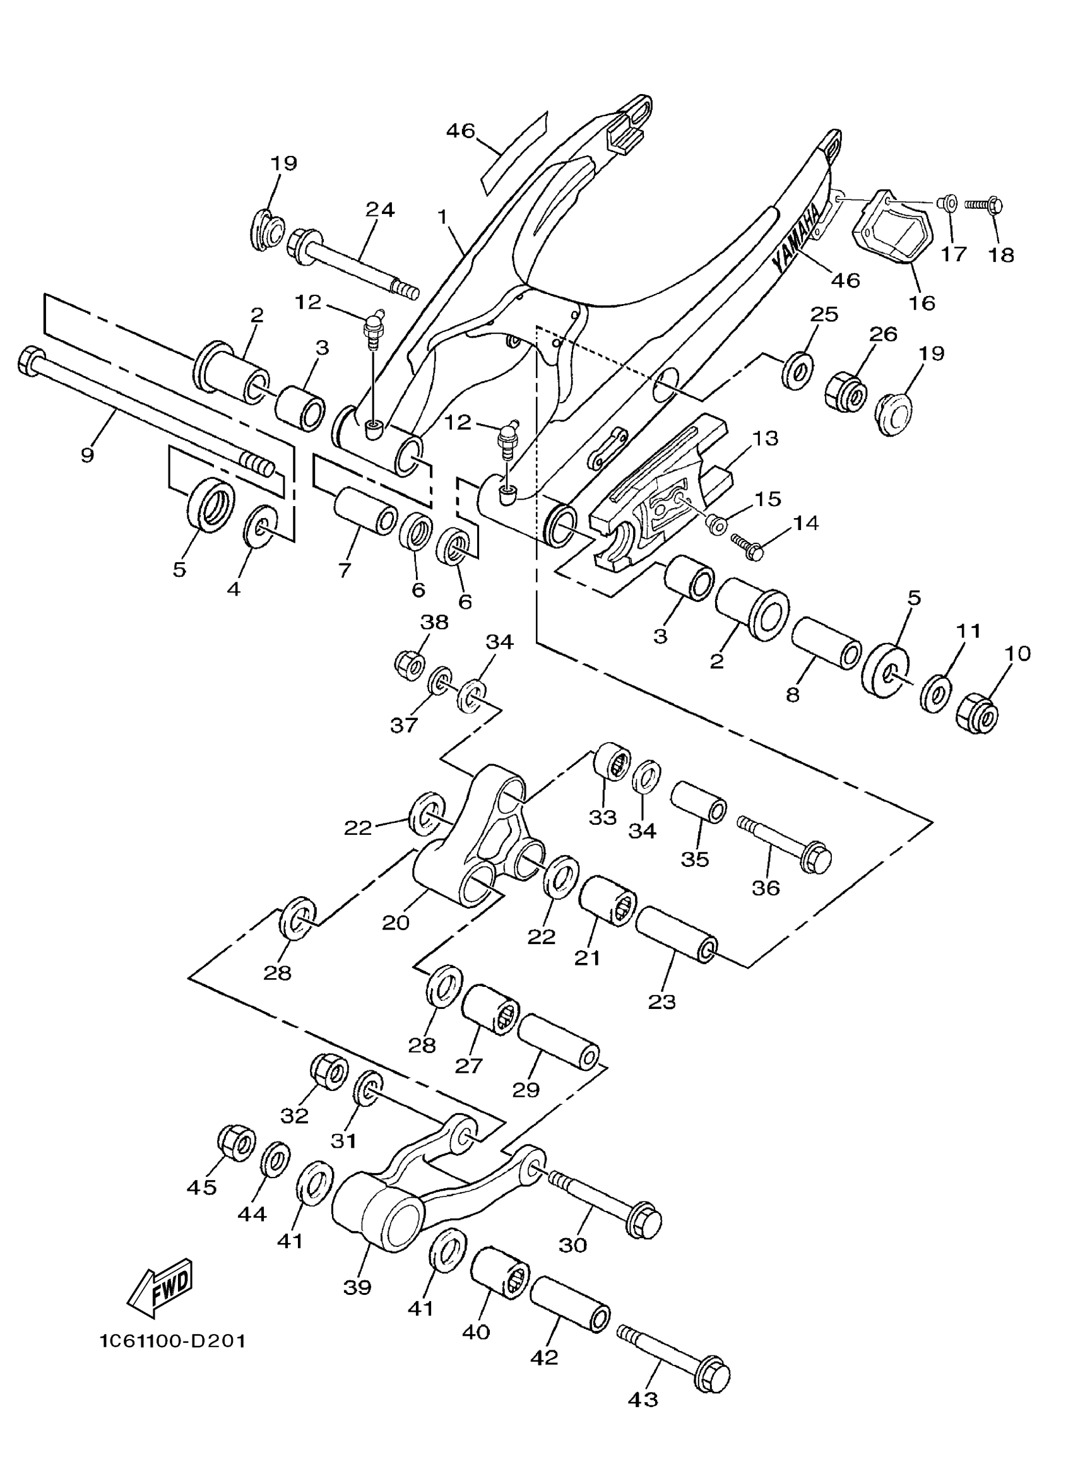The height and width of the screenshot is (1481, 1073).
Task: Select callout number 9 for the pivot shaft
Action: click(88, 454)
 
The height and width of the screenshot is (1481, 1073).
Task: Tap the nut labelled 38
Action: click(410, 664)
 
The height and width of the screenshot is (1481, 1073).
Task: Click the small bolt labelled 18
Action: click(983, 205)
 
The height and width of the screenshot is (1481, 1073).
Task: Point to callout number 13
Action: click(765, 437)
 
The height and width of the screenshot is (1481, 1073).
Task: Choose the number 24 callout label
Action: click(380, 209)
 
